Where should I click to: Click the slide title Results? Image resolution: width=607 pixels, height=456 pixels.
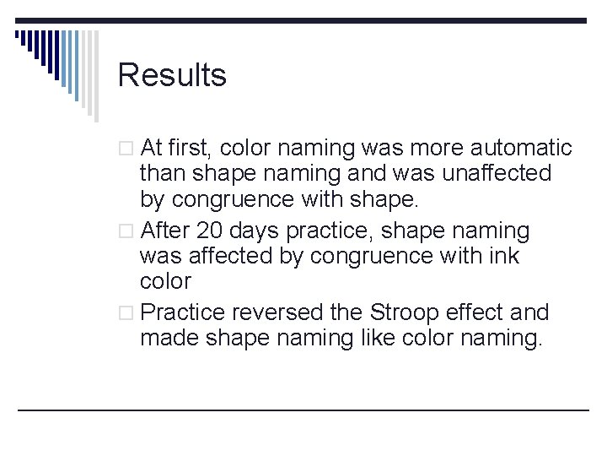click(x=172, y=75)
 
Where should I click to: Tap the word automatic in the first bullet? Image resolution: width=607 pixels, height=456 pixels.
click(x=522, y=149)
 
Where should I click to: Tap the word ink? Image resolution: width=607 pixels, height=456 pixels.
click(x=502, y=255)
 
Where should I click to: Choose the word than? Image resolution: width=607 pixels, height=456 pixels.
click(x=163, y=174)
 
